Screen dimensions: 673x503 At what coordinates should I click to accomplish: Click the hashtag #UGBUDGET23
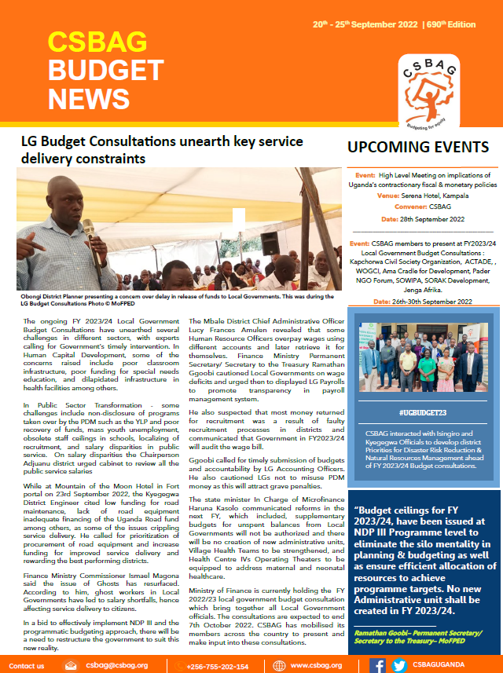coord(421,411)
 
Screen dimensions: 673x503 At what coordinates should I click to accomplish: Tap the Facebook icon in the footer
coord(377,665)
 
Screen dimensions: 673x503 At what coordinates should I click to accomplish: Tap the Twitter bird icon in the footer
coord(399,665)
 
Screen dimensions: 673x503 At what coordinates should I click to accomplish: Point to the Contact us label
coord(26,666)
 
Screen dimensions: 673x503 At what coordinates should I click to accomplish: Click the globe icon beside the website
coord(280,666)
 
